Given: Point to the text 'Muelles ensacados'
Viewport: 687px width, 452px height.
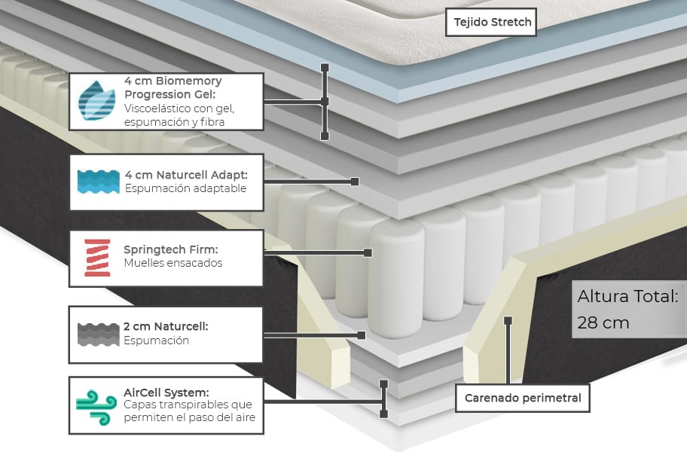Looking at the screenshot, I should click(173, 263).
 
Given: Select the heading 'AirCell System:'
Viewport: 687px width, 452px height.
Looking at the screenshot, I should click(166, 392).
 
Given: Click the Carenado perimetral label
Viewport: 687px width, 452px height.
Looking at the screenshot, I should click(523, 398).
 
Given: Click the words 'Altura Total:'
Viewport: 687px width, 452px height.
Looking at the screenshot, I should click(628, 296).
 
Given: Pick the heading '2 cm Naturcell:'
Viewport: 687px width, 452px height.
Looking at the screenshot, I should click(166, 326).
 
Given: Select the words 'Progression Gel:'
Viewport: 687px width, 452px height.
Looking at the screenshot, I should click(170, 94).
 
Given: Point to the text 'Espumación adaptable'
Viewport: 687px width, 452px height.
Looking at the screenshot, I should click(185, 188).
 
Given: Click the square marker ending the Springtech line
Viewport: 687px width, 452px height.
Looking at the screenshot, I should click(368, 252).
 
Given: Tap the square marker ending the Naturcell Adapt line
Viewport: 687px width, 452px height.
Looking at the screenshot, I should click(354, 182).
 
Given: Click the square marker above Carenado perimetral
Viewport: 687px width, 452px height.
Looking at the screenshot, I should click(508, 320).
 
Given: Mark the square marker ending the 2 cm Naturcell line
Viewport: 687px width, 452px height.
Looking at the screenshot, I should click(362, 334).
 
